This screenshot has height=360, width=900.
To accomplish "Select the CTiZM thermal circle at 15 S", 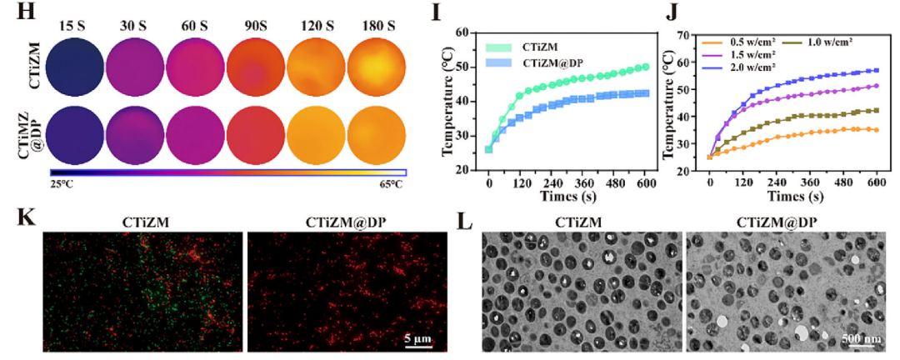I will (75, 69).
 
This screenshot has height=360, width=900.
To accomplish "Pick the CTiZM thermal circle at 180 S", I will (378, 69).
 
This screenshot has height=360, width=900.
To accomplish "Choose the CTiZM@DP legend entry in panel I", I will (551, 62).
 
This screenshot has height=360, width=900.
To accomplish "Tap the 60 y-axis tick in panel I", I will (467, 32).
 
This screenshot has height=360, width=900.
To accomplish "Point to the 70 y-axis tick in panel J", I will (688, 36).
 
